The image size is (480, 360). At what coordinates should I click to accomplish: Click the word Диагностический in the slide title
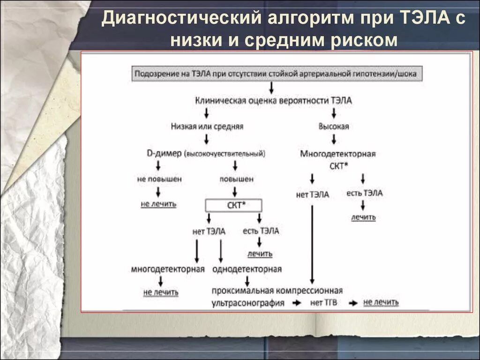coord(180,20)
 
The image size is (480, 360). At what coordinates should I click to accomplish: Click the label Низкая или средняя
coord(207,126)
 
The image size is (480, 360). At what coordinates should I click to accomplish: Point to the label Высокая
coord(334,126)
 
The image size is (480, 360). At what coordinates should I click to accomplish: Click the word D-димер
coord(164,153)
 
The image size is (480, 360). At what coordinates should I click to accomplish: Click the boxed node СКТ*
coord(233,205)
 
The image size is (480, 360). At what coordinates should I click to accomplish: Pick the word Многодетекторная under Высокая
coord(338,154)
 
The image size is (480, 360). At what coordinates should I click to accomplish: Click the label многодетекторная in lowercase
coord(168,269)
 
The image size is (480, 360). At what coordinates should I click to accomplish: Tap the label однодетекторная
coord(247,269)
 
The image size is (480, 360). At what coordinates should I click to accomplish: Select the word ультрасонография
coord(248,303)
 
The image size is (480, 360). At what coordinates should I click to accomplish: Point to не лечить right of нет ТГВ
coord(381,302)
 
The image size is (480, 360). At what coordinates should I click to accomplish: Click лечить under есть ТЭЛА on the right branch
coord(363,217)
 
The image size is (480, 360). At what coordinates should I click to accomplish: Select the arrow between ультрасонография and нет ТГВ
coord(297,303)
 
